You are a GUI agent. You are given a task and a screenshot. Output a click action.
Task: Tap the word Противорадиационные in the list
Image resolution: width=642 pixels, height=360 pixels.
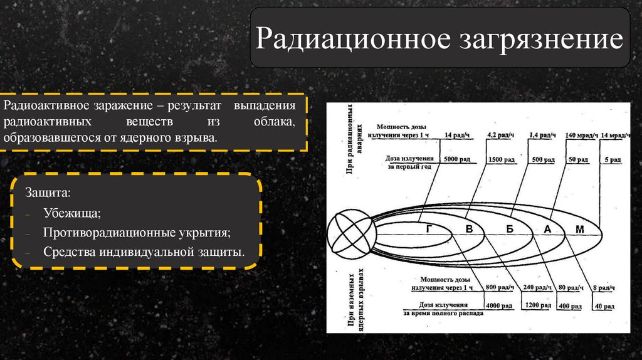pos(101,233)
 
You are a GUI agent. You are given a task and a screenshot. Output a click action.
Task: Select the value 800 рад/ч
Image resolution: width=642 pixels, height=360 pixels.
pos(498,287)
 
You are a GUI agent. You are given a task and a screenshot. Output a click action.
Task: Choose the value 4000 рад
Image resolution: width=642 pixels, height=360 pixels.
pos(500,306)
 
